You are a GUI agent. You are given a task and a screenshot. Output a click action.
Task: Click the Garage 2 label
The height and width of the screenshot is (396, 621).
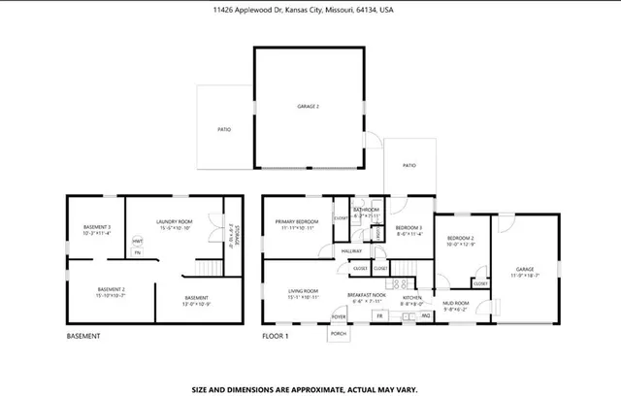(308, 105)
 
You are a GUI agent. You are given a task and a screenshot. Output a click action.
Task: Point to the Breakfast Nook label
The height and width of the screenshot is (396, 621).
(368, 293)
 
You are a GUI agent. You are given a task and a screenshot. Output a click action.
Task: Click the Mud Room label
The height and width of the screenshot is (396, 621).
(456, 303)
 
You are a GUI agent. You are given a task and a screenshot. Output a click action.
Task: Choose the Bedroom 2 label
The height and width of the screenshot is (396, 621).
(460, 238)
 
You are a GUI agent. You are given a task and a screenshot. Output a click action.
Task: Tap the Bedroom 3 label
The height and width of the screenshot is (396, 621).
(408, 227)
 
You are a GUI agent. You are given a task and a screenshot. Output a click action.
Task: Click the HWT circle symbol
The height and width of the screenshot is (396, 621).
(138, 242)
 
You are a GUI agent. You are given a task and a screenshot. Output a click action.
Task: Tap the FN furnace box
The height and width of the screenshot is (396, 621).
(138, 252)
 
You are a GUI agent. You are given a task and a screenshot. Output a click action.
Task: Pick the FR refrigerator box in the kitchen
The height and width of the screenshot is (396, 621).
(379, 316)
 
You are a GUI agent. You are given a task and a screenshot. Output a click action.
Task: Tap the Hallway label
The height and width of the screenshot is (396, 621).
(351, 250)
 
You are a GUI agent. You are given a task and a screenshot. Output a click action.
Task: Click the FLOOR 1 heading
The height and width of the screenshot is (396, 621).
(277, 338)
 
